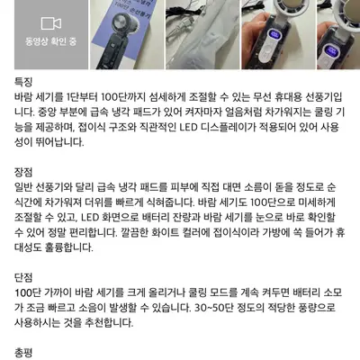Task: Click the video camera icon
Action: (51, 23)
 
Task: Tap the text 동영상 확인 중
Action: (51, 41)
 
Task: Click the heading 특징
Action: (23, 82)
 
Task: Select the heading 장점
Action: (23, 172)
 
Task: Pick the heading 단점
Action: (23, 277)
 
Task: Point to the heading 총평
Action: (23, 353)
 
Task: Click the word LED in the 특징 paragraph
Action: (188, 127)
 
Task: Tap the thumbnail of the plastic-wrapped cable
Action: (202, 34)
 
